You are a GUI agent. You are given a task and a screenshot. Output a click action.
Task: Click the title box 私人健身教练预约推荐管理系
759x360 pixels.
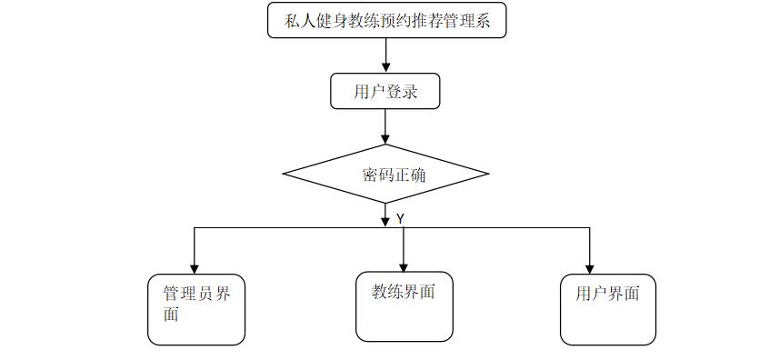[386, 21]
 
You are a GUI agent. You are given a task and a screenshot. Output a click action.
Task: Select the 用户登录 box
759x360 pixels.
[385, 91]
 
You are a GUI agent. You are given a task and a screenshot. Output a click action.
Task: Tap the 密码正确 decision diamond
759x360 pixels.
[385, 173]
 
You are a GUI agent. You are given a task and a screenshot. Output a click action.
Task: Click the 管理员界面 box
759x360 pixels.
[196, 309]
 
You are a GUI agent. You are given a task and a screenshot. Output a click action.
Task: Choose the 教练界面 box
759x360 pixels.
[404, 306]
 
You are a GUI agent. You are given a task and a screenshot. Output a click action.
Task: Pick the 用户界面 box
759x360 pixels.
[607, 309]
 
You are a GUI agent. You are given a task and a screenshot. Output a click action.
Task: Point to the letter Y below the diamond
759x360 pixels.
[400, 219]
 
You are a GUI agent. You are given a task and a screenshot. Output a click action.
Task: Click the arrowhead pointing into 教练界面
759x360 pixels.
[404, 265]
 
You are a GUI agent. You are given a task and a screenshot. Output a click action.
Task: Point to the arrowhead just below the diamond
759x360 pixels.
[385, 221]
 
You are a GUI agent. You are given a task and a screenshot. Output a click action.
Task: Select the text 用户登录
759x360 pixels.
[385, 91]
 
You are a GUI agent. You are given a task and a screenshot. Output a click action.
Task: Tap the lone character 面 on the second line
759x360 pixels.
[171, 315]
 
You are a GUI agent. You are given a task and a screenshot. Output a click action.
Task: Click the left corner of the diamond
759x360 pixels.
[285, 173]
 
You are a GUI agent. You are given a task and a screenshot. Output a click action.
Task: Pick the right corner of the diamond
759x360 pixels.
[488, 173]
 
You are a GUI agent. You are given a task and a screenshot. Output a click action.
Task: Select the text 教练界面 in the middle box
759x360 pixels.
[404, 292]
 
